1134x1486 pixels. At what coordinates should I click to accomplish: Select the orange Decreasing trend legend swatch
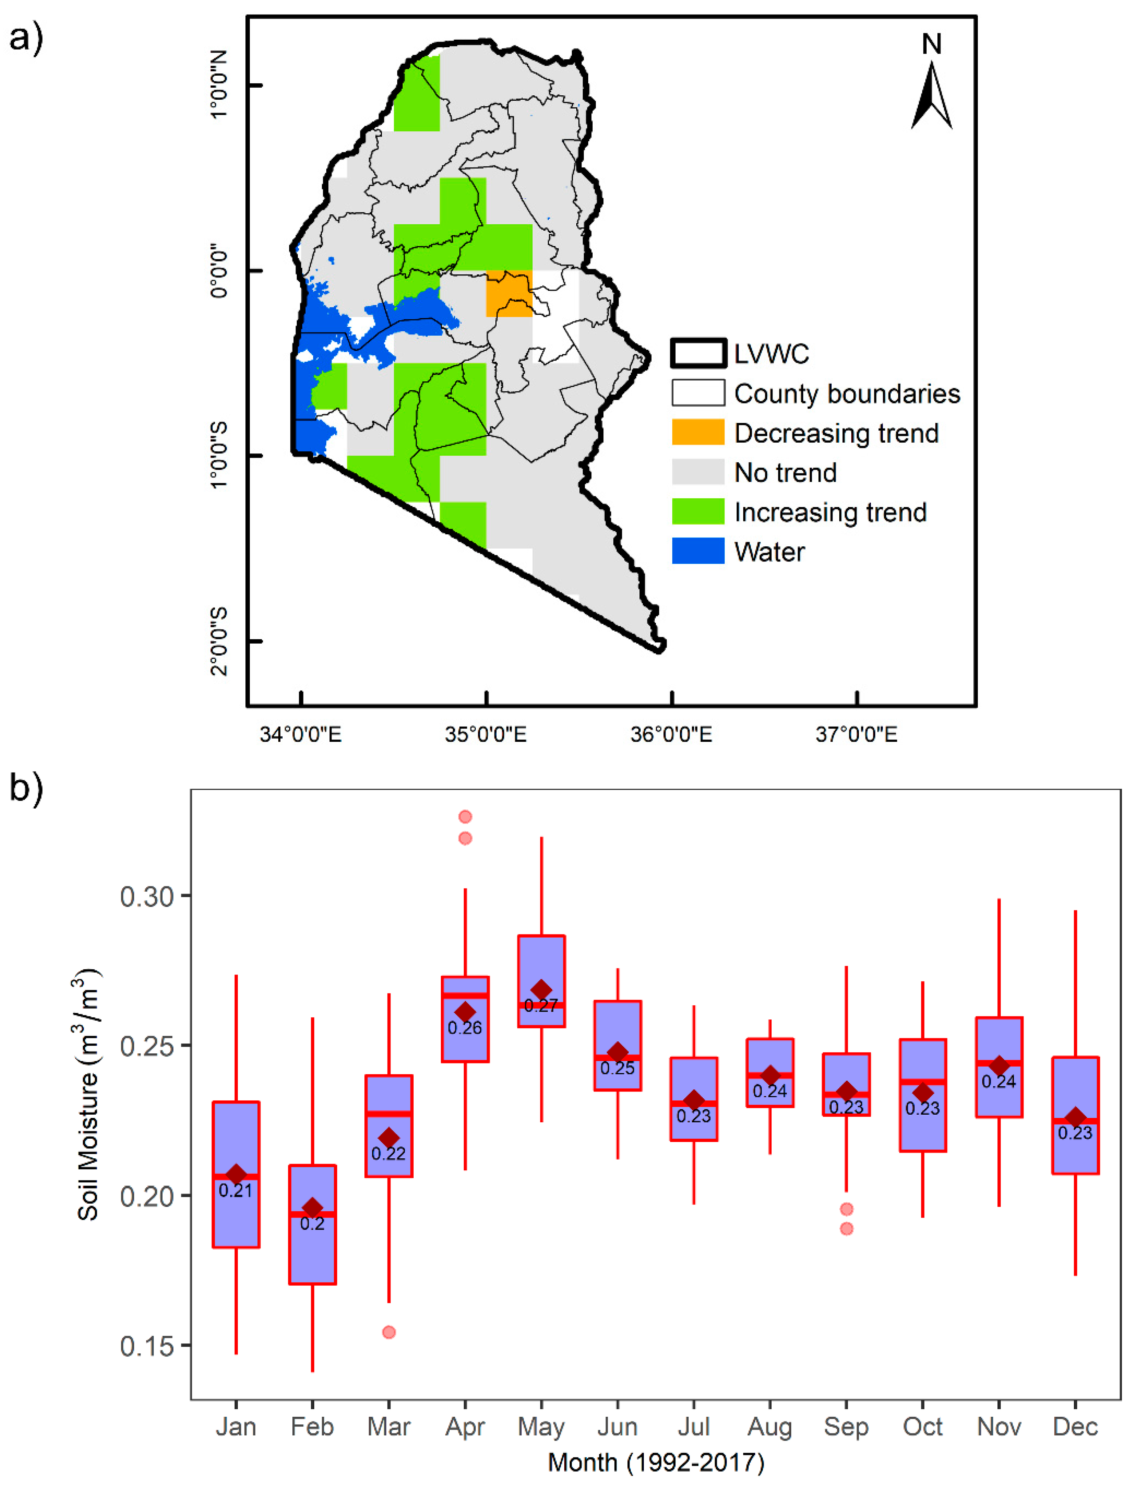698,432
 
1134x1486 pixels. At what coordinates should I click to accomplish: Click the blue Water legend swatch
698,551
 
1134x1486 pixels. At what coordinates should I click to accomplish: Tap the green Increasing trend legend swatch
698,511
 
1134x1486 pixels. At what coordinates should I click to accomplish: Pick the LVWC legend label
771,354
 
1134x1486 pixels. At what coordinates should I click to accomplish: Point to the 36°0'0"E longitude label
671,734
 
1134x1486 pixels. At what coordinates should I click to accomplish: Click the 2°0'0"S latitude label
219,641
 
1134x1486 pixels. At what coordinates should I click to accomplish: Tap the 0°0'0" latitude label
219,272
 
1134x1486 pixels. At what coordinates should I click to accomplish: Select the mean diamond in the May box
541,990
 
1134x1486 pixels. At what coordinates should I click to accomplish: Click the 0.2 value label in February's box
312,1223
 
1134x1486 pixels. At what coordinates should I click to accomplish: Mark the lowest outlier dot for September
846,1228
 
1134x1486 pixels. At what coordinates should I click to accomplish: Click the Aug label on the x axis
770,1427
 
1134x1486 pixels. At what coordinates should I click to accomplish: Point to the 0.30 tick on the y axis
147,896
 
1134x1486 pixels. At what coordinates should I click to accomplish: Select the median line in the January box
236,1176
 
